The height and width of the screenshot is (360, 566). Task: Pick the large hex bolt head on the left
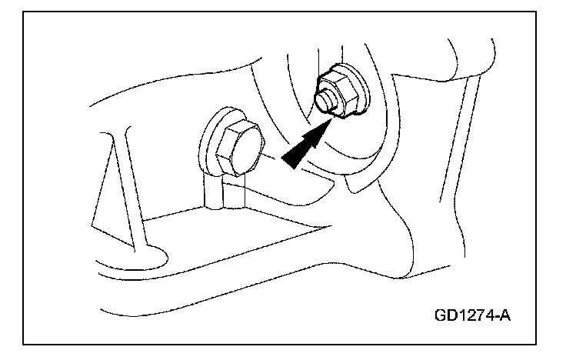pos(234,148)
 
